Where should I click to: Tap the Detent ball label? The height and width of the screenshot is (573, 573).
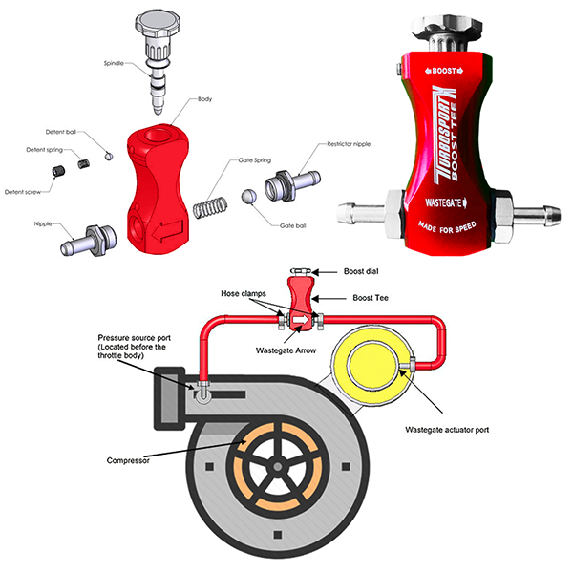[63, 132]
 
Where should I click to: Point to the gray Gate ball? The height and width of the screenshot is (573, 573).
[248, 196]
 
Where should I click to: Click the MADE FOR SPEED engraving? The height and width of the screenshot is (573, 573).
[445, 227]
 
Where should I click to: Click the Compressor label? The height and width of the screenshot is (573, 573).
[128, 460]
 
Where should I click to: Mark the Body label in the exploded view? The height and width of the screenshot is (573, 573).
[204, 99]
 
